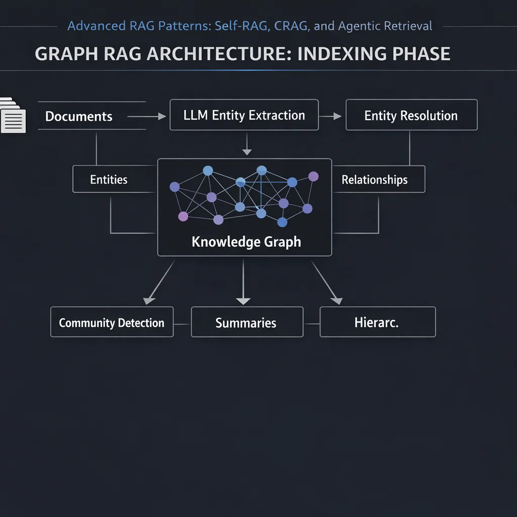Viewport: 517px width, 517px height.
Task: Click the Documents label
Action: coord(79,116)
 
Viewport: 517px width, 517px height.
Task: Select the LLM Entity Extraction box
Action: coord(244,115)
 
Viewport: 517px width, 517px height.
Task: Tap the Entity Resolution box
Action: coord(411,116)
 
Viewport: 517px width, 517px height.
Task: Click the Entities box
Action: coord(109,179)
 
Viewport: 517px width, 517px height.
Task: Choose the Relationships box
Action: coord(374,180)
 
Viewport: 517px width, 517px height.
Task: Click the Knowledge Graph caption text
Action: coord(246,242)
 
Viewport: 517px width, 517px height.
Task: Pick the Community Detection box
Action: coord(112,323)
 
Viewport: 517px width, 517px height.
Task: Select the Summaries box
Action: coord(246,323)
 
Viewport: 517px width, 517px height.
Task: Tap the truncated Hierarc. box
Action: coord(377,323)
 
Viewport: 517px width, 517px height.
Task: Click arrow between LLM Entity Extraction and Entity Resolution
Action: coord(331,117)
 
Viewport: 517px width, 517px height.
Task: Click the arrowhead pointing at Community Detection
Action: coord(148,300)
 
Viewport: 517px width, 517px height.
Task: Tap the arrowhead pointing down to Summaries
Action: coord(243,301)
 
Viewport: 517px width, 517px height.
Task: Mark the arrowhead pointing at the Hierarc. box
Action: coord(337,300)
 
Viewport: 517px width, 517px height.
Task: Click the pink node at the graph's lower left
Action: coord(183,217)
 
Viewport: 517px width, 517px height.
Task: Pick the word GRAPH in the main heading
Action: coord(62,54)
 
